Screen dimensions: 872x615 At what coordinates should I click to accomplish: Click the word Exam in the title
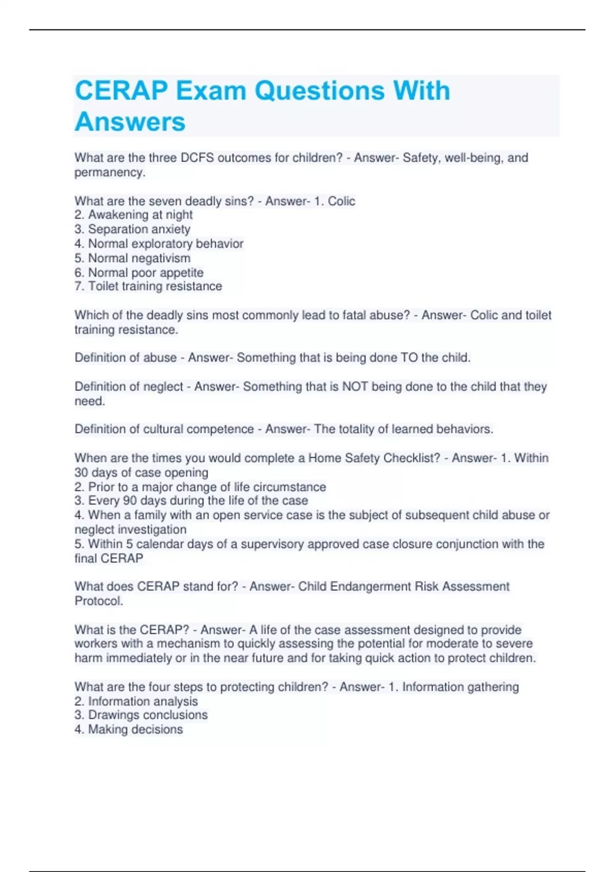click(211, 91)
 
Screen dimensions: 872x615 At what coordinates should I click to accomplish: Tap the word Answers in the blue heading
click(130, 122)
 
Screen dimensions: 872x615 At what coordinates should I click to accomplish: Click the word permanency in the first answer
click(109, 172)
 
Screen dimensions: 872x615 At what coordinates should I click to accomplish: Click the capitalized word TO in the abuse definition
click(409, 358)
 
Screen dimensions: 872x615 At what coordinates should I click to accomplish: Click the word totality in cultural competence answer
click(356, 429)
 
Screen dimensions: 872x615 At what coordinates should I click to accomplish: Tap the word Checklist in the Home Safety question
click(412, 458)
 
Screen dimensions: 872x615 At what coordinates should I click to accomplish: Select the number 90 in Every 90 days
click(130, 501)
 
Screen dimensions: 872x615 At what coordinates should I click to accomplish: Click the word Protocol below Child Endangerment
click(98, 601)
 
